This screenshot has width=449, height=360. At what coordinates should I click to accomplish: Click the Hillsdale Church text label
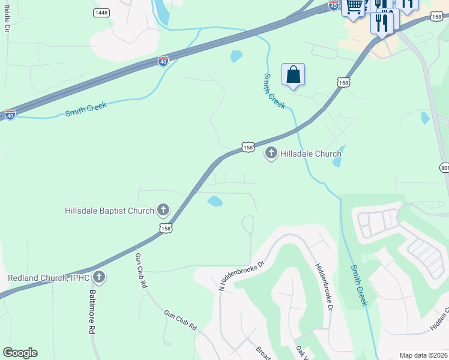coord(310,154)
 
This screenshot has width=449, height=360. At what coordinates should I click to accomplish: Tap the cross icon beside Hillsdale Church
coord(271,154)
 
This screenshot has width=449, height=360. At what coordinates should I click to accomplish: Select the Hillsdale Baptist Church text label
coord(109,211)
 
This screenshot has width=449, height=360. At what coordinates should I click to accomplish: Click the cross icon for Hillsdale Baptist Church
coord(163,210)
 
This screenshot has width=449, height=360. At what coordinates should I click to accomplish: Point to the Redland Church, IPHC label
coord(48,278)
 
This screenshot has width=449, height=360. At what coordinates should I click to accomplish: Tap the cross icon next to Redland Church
coord(100,277)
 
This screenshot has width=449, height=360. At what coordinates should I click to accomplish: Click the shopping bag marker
coord(293,76)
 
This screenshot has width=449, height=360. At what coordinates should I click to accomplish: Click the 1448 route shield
coord(101,13)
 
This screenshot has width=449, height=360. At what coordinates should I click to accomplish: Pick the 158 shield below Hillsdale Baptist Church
coord(166,228)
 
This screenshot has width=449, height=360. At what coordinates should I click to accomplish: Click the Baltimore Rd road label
coord(92,312)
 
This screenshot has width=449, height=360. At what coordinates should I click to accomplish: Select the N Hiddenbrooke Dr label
coord(241,275)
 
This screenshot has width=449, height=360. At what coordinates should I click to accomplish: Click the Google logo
coord(20,353)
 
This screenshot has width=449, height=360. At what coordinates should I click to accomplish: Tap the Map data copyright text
coord(424,355)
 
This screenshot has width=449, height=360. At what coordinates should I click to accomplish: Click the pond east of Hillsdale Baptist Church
coord(215,201)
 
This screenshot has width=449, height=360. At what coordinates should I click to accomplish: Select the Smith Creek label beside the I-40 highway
coord(86,110)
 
